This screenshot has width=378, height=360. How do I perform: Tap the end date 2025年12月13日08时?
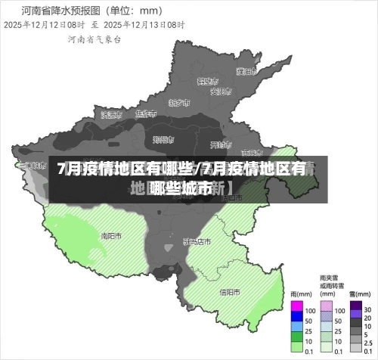[x=144, y=24]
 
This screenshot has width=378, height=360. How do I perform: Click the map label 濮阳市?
[x=244, y=72]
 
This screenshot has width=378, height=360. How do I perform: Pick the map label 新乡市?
[x=178, y=102]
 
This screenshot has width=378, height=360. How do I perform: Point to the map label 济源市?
[x=110, y=114]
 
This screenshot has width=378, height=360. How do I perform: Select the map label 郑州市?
[x=163, y=139]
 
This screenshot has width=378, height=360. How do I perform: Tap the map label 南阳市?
[x=111, y=235]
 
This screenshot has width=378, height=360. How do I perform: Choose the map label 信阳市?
[x=230, y=292]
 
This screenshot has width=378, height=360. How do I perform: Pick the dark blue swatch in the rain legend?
[x=297, y=318]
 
